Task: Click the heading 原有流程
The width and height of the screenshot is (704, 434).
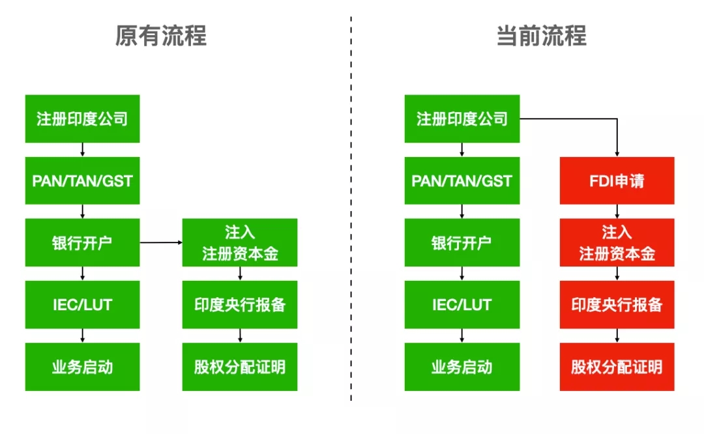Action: coord(160,36)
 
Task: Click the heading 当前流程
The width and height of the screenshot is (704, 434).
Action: coord(541,36)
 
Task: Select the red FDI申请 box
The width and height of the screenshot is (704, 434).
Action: coord(617,181)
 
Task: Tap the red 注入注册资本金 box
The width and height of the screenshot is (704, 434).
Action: coord(617,242)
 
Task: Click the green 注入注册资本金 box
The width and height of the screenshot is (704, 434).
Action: coord(239,242)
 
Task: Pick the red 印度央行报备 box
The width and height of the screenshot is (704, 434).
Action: coord(617,304)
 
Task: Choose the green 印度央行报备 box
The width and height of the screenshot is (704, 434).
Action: coord(239,304)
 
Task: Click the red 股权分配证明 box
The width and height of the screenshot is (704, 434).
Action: coord(617,367)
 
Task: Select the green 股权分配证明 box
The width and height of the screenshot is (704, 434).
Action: coord(239,367)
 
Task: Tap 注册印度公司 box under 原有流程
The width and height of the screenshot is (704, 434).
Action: coord(82,119)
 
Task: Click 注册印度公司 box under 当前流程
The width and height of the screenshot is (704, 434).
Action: coord(462,119)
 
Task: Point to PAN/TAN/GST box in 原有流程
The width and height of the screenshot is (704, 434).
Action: coord(82,181)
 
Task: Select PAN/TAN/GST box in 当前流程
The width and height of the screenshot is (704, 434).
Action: coord(462,181)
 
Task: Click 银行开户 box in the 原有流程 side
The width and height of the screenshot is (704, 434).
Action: coord(82,242)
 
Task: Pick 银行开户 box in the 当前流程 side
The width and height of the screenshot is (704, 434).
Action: coord(462,242)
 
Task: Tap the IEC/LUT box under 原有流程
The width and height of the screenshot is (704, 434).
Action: coord(82,304)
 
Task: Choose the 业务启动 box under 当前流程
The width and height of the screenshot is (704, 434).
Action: coord(462,367)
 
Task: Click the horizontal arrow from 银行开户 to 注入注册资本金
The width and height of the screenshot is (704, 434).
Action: coord(160,242)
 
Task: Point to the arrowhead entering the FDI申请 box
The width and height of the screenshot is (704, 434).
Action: coord(617,153)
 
